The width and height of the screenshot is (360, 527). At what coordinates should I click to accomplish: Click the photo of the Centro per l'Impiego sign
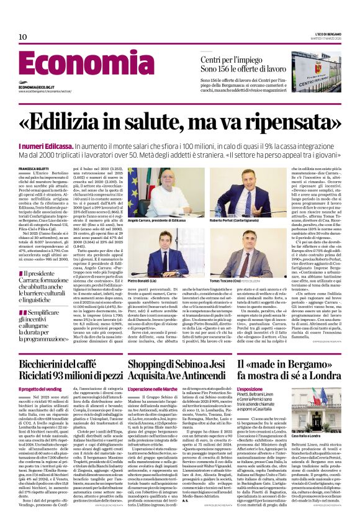(x=317, y=71)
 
